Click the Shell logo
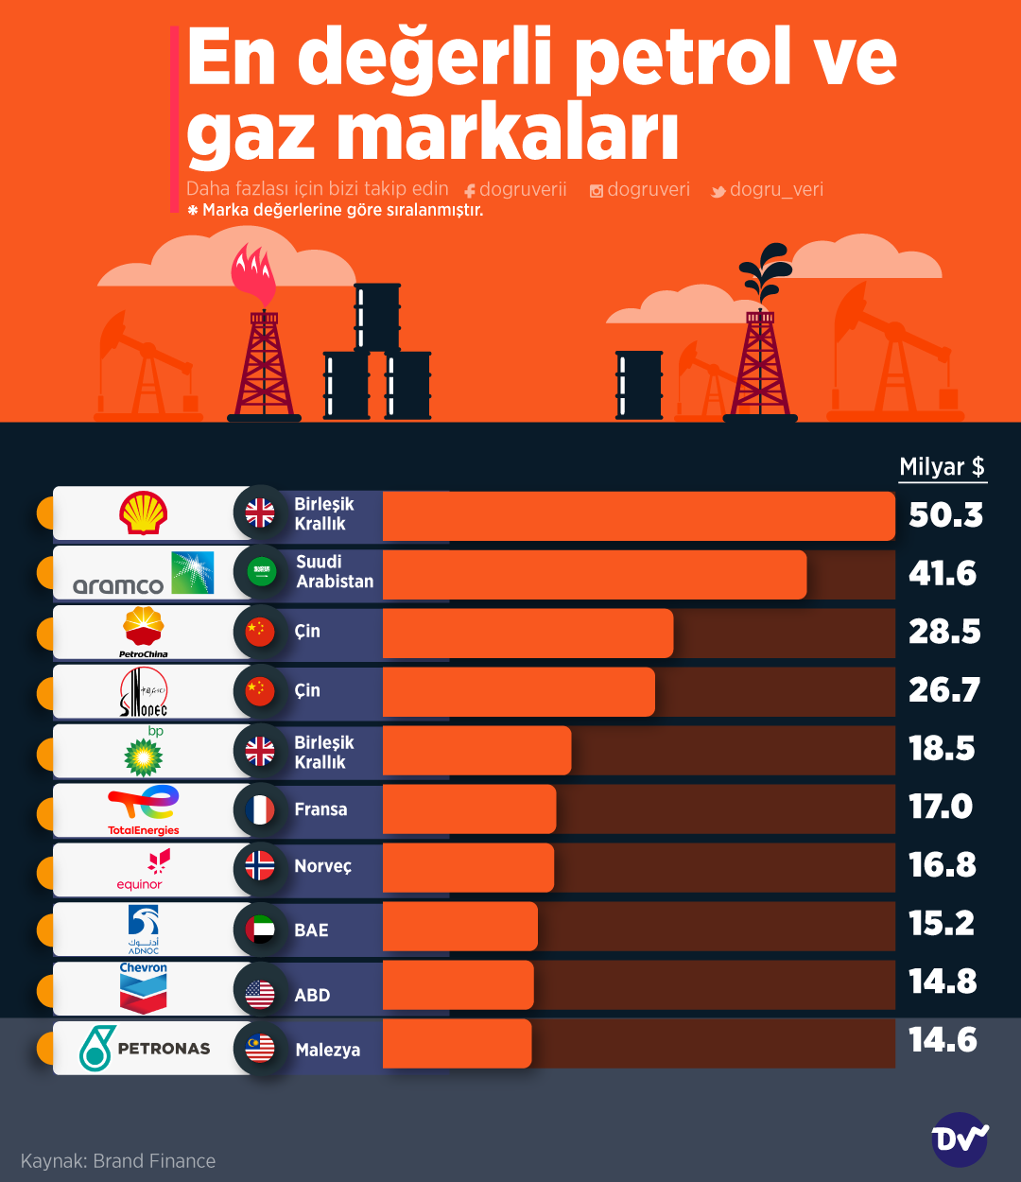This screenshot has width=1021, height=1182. click(x=144, y=513)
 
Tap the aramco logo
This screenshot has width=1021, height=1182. click(x=144, y=574)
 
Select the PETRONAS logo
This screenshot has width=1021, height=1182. click(x=145, y=1048)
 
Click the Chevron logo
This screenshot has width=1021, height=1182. click(x=144, y=988)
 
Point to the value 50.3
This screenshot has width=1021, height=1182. click(x=945, y=515)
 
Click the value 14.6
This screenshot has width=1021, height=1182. click(x=943, y=1040)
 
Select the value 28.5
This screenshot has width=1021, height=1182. click(x=944, y=632)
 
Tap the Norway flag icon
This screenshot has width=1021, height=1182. click(x=260, y=866)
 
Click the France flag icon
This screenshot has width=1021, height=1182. click(x=260, y=809)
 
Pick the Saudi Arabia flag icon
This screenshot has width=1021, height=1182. click(x=260, y=572)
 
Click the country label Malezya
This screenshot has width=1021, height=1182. click(x=327, y=1050)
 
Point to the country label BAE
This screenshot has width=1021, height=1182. click(x=311, y=930)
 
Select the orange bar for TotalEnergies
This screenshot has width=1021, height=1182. click(x=470, y=809)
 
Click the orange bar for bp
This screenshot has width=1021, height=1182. click(x=477, y=750)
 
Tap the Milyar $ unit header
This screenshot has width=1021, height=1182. click(x=942, y=466)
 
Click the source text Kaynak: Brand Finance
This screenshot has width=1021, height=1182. click(x=118, y=1161)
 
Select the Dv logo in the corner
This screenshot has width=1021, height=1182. click(x=960, y=1139)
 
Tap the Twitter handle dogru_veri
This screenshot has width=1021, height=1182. click(x=775, y=190)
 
